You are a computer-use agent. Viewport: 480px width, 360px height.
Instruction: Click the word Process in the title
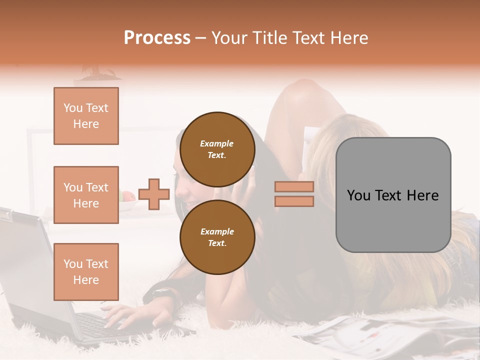click(x=157, y=37)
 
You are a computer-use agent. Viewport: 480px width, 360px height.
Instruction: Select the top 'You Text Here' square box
click(x=86, y=116)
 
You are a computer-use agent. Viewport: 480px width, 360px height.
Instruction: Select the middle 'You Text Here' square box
click(x=86, y=195)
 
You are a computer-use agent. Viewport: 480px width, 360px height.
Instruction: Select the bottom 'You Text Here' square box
click(x=86, y=271)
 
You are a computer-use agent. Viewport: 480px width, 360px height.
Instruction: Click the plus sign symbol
click(x=154, y=194)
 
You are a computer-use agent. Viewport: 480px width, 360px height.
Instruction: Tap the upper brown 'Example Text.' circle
click(x=217, y=149)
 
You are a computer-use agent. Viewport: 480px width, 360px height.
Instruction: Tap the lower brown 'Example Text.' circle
click(x=217, y=237)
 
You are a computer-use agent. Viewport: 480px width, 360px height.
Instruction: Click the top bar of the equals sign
click(x=294, y=186)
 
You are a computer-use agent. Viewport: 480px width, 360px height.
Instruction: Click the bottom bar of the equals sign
click(x=294, y=201)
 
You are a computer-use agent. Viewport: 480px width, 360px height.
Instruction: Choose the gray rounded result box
click(x=393, y=195)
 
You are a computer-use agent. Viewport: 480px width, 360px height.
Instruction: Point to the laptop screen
click(x=25, y=260)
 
